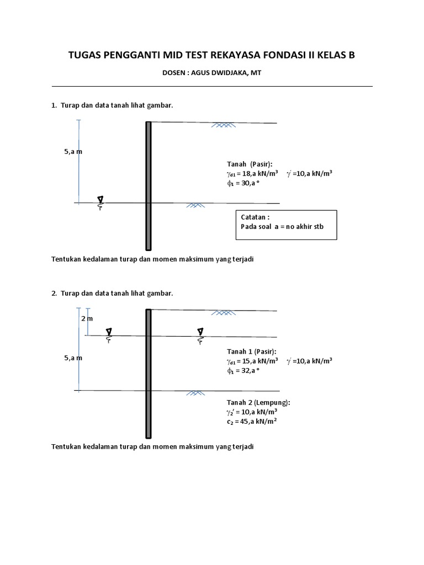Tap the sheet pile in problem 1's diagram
pyautogui.click(x=148, y=185)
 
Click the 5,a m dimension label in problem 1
pyautogui.click(x=73, y=151)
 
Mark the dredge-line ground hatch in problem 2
pyautogui.click(x=194, y=393)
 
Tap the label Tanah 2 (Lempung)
pyautogui.click(x=258, y=402)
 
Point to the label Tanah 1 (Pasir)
pyautogui.click(x=252, y=351)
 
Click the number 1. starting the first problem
pyautogui.click(x=54, y=105)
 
